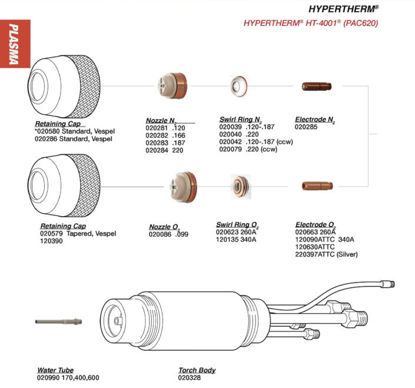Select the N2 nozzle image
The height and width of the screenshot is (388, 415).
click(172, 85)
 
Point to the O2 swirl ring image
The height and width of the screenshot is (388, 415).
click(240, 187)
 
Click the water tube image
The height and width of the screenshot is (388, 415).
click(58, 322)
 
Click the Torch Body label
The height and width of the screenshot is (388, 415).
click(197, 370)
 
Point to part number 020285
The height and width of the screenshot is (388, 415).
click(307, 127)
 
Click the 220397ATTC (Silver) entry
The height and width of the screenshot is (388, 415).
click(326, 254)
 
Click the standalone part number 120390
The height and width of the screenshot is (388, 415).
click(52, 241)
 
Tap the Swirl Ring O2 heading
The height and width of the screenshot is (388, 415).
click(237, 225)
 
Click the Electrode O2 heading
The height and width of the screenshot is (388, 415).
click(316, 225)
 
